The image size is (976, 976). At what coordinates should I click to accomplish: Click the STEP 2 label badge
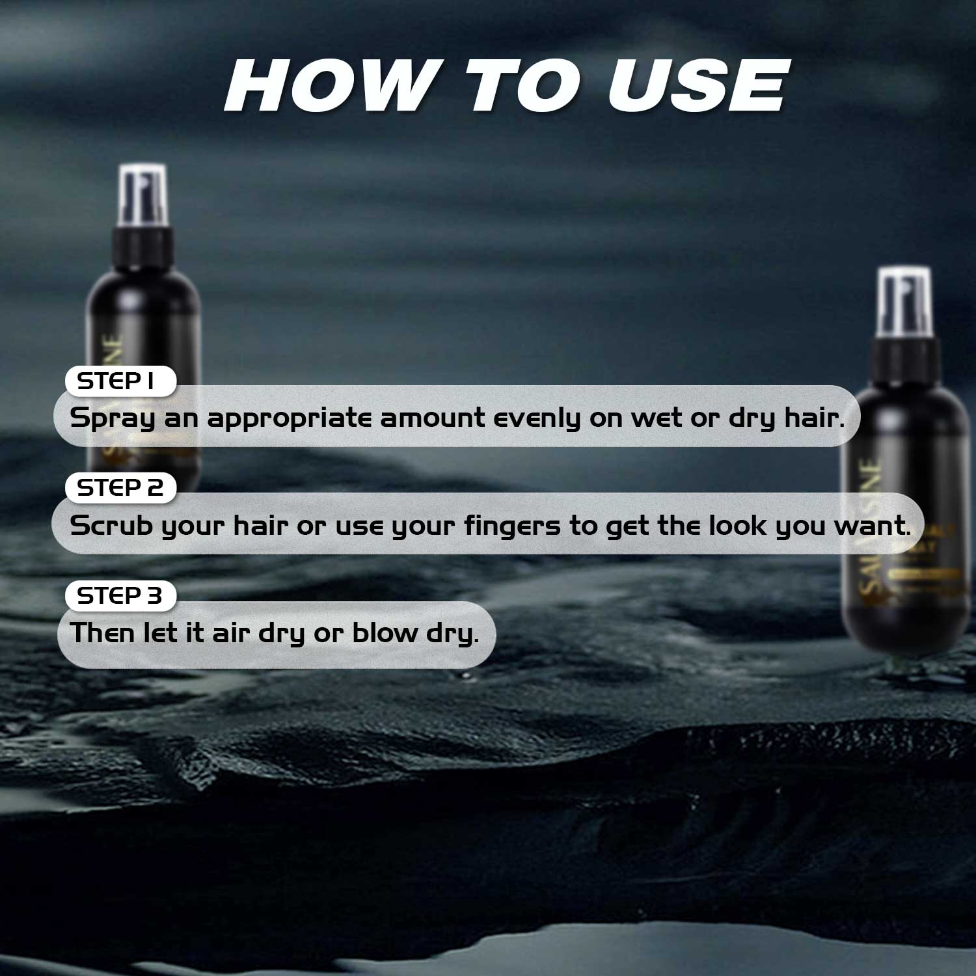click(x=120, y=488)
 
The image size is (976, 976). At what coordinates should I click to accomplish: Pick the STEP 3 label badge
click(x=120, y=595)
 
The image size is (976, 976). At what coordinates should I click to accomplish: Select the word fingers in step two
click(x=511, y=526)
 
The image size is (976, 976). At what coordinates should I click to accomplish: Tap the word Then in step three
click(x=102, y=632)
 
